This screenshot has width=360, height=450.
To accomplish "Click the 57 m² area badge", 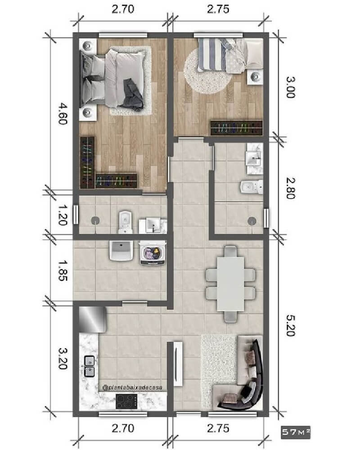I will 296,433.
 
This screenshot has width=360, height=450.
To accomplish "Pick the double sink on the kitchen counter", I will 89,366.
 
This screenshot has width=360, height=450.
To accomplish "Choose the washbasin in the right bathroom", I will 253,157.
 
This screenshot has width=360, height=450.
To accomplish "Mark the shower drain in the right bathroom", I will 252,220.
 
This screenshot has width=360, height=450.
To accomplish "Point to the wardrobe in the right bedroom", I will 236,128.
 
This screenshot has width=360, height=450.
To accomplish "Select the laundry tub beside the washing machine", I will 120,252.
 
